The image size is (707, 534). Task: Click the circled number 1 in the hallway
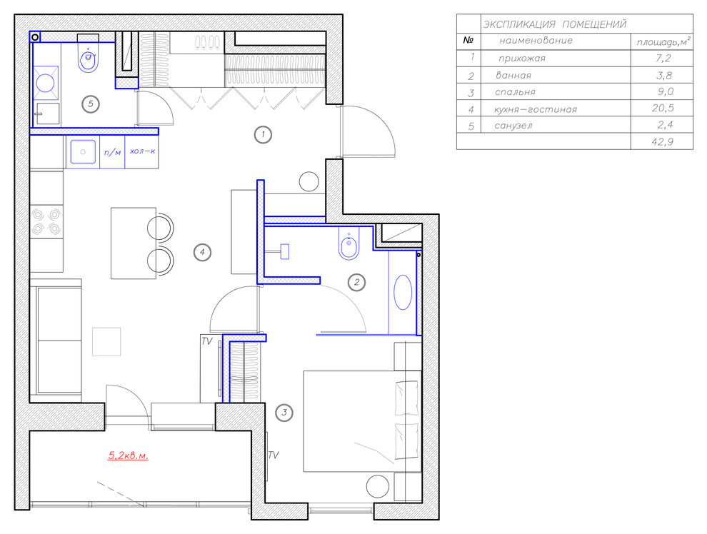tap(263, 134)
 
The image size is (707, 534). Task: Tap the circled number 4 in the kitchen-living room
tap(202, 252)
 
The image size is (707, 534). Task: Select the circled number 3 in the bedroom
tap(284, 412)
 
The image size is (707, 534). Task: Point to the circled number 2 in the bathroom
tap(356, 283)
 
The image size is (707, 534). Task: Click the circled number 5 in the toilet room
tap(91, 104)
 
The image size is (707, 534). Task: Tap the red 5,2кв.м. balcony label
tap(128, 455)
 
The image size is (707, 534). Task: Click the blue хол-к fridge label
tap(143, 151)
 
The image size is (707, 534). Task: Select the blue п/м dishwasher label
tap(113, 152)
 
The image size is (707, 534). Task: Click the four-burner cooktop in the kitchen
tap(46, 222)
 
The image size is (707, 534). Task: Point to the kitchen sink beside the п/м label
tap(83, 152)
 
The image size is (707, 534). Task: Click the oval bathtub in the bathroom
tap(403, 293)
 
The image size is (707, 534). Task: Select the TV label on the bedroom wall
tap(274, 455)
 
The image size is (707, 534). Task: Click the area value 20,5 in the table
tap(662, 108)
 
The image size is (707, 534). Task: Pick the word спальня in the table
tap(515, 92)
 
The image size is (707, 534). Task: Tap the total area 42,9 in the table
tap(662, 142)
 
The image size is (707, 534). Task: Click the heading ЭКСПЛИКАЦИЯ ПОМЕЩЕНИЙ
tap(555, 24)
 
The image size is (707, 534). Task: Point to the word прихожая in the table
tap(522, 58)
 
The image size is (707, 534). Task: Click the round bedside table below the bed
tap(377, 487)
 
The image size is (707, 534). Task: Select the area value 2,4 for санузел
tap(665, 125)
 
